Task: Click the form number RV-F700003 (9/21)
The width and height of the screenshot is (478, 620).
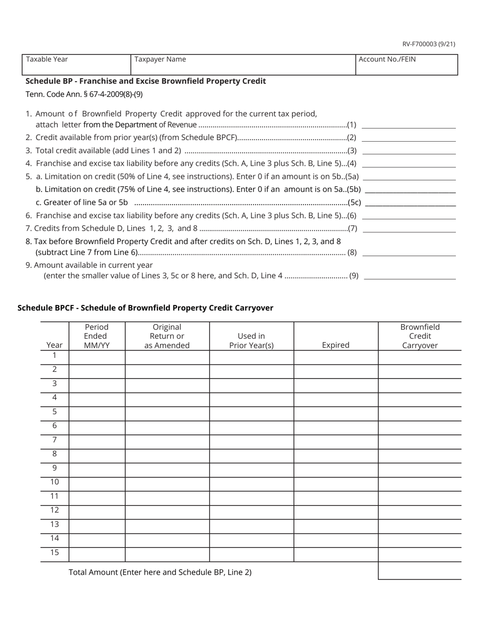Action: (x=429, y=44)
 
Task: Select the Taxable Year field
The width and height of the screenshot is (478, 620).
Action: (x=76, y=65)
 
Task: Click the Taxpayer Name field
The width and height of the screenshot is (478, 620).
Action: (x=243, y=65)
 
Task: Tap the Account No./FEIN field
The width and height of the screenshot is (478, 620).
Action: (x=407, y=65)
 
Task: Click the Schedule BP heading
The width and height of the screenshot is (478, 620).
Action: (x=145, y=81)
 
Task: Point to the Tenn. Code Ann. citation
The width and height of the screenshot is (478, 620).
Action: (x=84, y=94)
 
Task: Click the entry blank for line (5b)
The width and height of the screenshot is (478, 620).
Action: (x=410, y=189)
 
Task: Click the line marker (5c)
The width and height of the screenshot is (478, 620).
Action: (x=354, y=203)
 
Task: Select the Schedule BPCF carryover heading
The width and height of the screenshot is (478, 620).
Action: (x=145, y=308)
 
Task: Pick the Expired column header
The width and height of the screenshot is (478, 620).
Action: (x=336, y=345)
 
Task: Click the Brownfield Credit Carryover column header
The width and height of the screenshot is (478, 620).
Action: (x=420, y=336)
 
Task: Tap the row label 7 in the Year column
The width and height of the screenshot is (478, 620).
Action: (x=54, y=440)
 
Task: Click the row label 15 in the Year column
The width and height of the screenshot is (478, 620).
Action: (x=54, y=552)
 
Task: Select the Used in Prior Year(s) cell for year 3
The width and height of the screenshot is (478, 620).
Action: (x=251, y=386)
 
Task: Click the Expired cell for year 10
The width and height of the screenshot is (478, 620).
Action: (x=336, y=484)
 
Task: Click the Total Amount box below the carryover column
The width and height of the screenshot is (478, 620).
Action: (x=420, y=571)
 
